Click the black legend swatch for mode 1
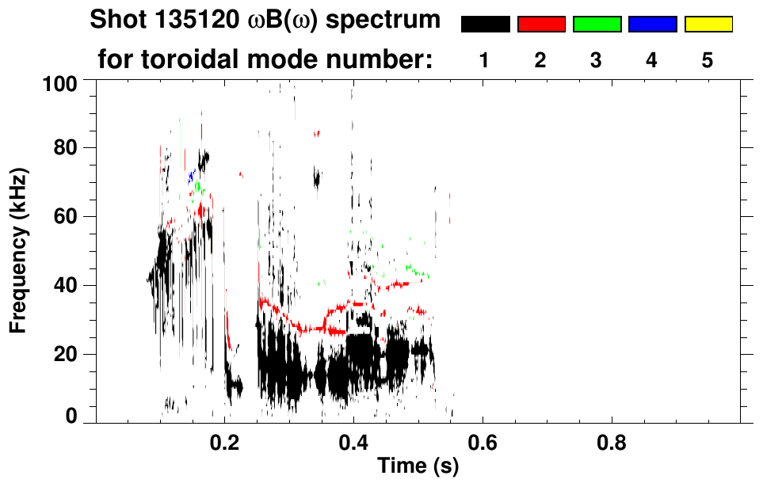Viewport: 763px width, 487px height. click(x=485, y=25)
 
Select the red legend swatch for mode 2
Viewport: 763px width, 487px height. click(x=541, y=25)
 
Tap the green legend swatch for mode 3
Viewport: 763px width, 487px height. click(x=597, y=25)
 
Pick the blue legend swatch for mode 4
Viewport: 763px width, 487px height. click(x=652, y=25)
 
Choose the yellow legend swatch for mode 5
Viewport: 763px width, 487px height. click(x=708, y=25)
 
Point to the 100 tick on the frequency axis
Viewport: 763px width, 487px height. click(x=60, y=82)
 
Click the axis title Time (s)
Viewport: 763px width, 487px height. click(x=417, y=466)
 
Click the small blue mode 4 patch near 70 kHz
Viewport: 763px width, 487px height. click(x=191, y=176)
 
